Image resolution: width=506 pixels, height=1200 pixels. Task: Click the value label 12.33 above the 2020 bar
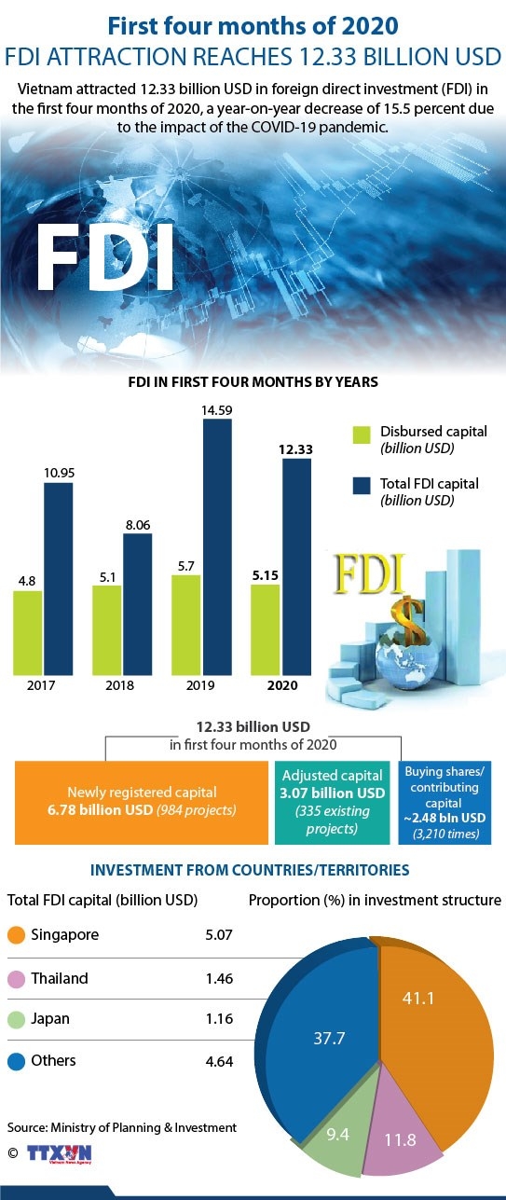295,449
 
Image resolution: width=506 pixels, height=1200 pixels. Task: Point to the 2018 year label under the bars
120,685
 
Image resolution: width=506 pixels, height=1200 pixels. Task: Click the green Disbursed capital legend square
362,435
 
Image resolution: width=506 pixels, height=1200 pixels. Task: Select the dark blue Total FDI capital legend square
362,486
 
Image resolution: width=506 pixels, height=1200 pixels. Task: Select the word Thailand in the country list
60,978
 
